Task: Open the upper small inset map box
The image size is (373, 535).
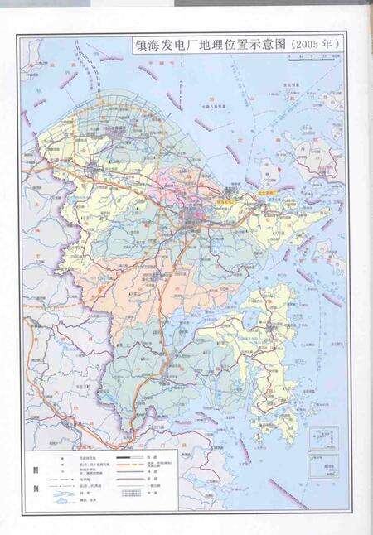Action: point(322,438)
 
